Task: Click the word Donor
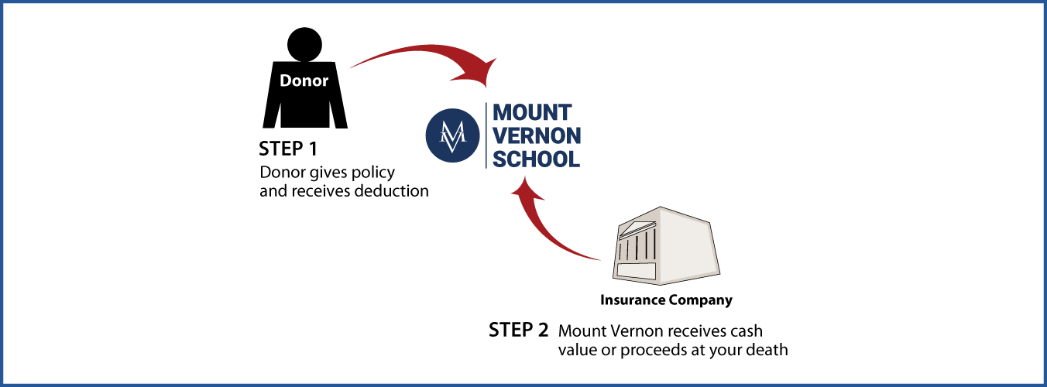tap(304, 80)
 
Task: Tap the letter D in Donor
tap(285, 80)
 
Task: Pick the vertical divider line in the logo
tap(486, 135)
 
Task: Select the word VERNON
tap(537, 136)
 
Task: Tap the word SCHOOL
tap(537, 159)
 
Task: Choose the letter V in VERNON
tap(501, 136)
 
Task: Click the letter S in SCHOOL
tap(500, 159)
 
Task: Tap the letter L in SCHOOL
tap(573, 159)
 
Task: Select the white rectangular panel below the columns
tap(636, 271)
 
